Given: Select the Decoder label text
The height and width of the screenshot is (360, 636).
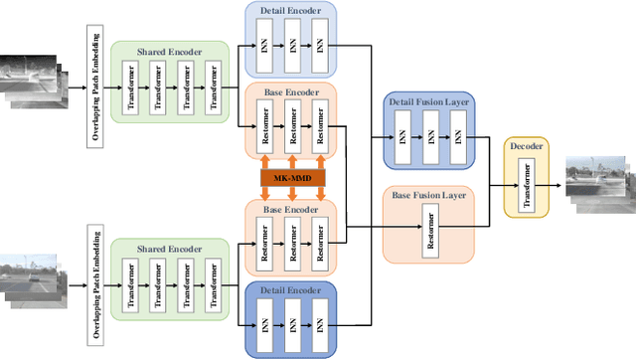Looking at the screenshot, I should pos(526,146).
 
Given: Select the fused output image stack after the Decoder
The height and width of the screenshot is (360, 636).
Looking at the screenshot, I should pos(597,183).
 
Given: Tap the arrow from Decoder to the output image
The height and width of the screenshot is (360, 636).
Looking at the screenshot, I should pos(554,185).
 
